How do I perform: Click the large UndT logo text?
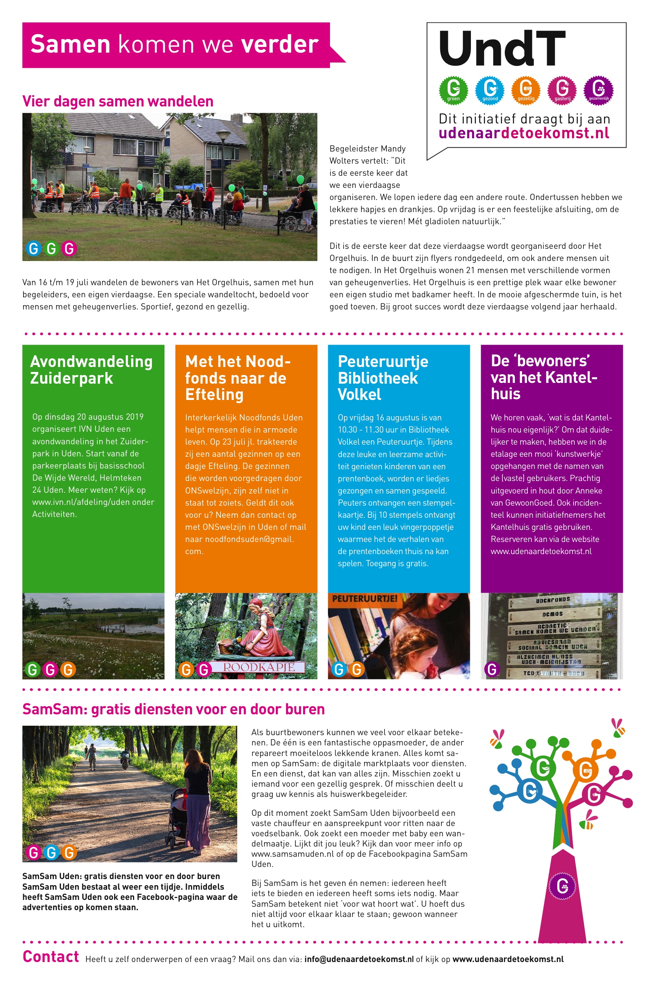502,49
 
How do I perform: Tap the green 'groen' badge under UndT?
453,89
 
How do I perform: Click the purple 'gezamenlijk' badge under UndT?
598,89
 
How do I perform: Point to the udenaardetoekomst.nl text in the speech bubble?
524,133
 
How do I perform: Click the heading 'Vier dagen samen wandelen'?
118,102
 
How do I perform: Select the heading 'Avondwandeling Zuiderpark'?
91,370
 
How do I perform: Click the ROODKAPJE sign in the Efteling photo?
259,667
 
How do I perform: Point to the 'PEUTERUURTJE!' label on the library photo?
364,598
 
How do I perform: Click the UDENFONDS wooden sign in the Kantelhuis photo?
553,600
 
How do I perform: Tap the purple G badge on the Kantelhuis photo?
492,669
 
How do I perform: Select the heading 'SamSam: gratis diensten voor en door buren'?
174,709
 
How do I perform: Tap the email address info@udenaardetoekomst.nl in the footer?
359,959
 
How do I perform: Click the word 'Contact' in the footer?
50,957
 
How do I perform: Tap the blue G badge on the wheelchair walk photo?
33,248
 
